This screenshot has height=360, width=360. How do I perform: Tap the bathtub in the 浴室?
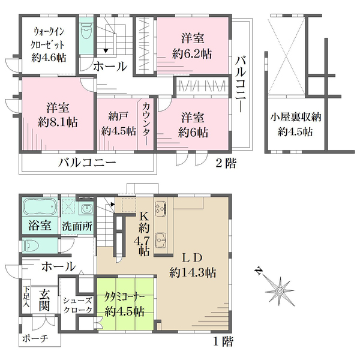point(39,208)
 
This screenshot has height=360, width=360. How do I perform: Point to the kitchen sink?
point(160,241)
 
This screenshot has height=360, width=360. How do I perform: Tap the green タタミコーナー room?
point(124,305)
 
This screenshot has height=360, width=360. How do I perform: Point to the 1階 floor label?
point(223,342)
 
